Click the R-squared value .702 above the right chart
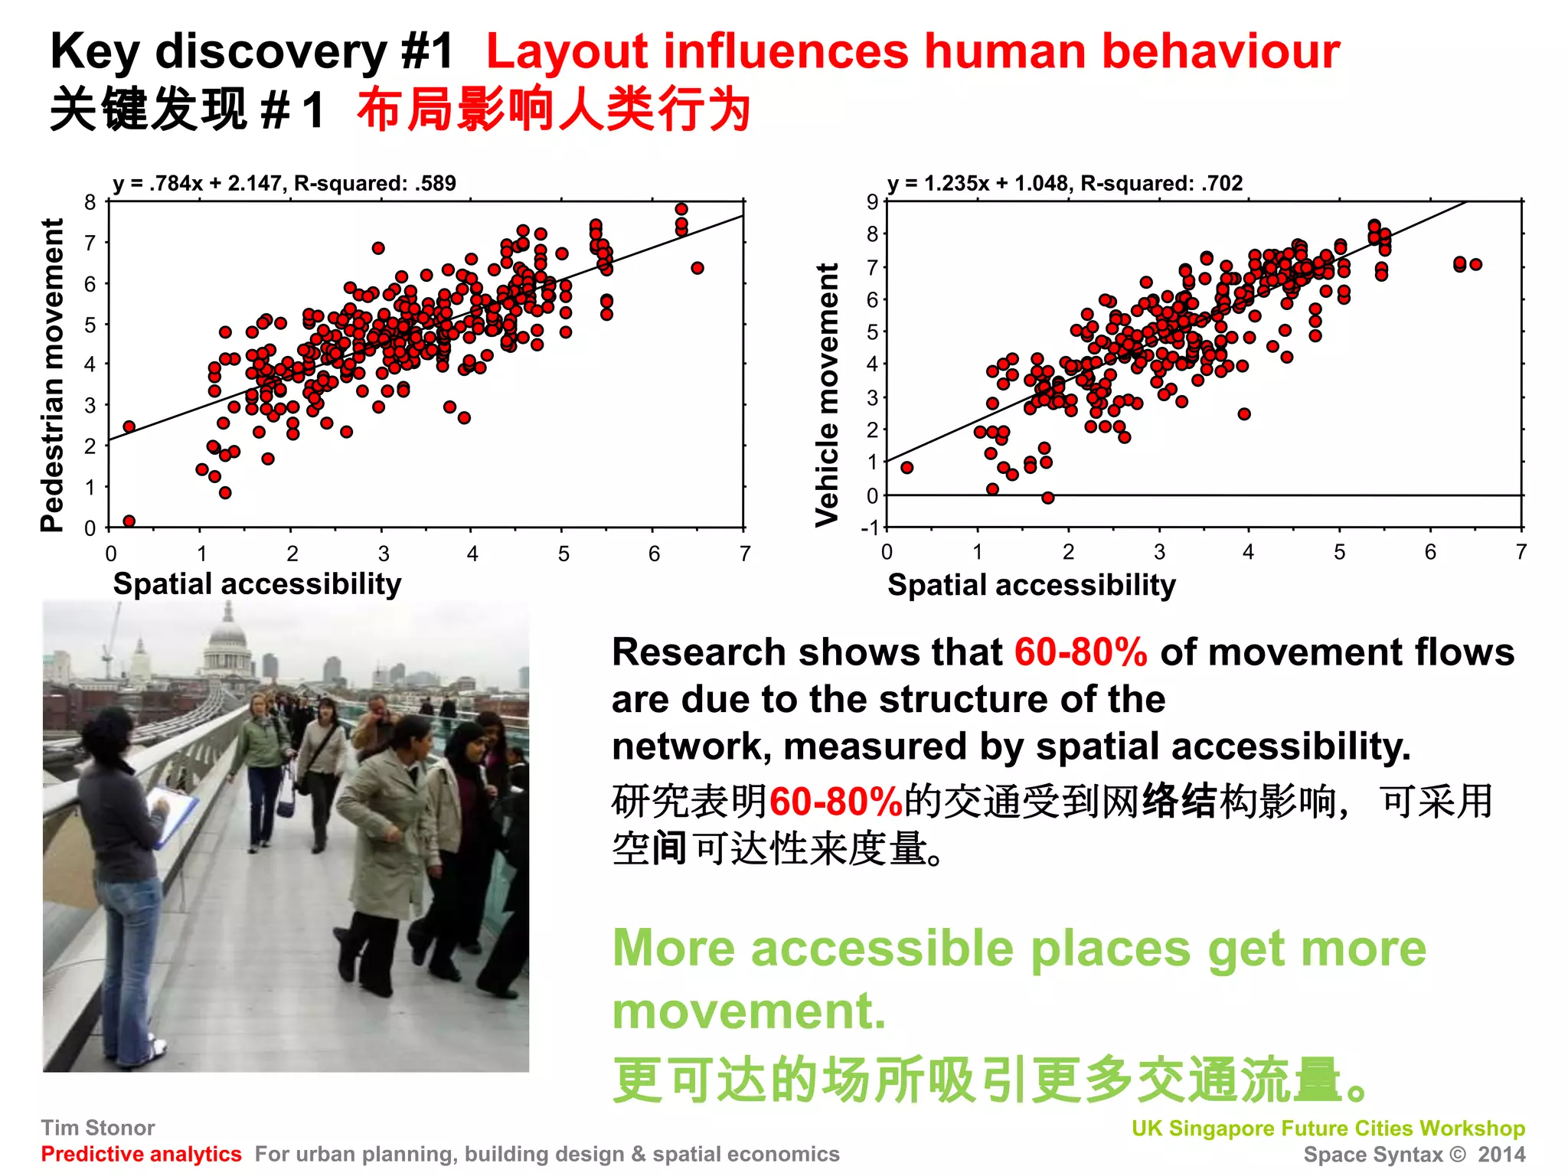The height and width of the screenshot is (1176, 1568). coord(1223,184)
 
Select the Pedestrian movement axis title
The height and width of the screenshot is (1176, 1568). coord(52,374)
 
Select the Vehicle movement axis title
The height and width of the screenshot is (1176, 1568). coord(827,394)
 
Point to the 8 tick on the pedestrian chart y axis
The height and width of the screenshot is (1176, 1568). coord(90,202)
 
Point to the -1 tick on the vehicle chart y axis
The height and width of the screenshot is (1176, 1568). coord(870,528)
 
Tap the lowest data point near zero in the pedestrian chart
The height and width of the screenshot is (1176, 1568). coord(129,521)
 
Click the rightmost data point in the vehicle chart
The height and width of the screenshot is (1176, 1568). coord(1476,265)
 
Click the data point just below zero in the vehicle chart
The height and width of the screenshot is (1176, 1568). coord(1048,498)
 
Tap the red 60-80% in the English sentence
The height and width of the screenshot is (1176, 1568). coord(1080,652)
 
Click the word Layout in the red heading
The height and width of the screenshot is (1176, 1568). coord(567,52)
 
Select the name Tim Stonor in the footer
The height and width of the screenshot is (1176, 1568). coord(98,1128)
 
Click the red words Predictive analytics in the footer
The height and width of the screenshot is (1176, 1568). coord(141,1154)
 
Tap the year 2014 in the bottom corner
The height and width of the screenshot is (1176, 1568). coord(1501,1155)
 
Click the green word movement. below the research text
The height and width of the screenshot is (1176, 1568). coord(749,1011)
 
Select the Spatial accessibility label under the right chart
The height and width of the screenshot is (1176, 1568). coord(1031,585)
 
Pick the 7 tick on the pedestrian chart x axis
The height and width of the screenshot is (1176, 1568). coord(745,554)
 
